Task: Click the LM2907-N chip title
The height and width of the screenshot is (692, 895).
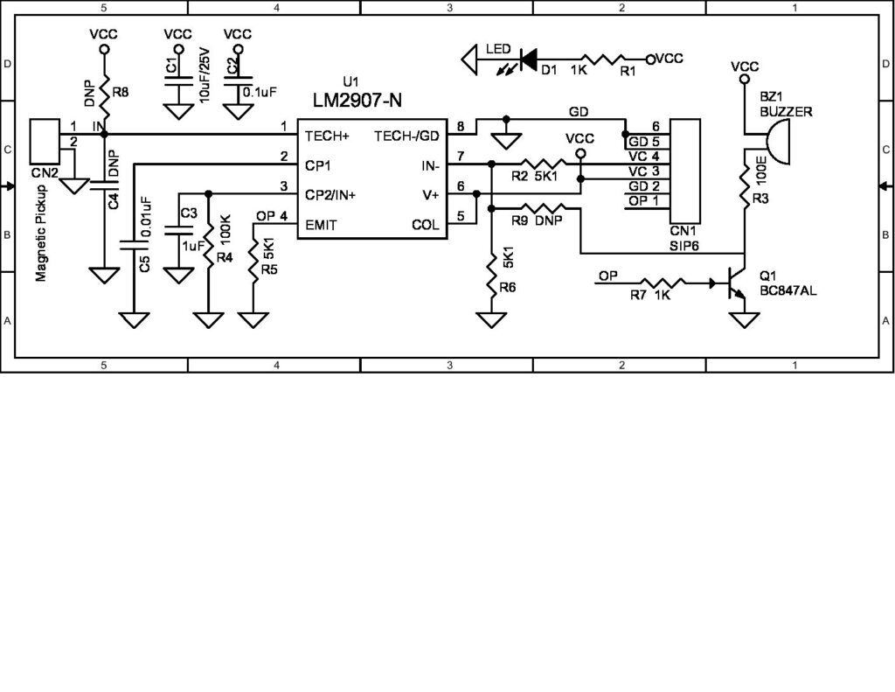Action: click(357, 100)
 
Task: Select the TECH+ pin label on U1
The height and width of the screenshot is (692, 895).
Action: click(327, 136)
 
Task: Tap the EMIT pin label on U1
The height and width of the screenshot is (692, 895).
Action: click(321, 225)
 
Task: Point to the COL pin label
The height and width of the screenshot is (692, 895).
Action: click(426, 225)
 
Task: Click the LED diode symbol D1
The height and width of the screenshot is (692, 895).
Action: click(529, 59)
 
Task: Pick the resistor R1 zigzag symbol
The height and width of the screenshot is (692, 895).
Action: click(604, 59)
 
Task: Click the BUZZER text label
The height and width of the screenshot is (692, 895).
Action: click(786, 111)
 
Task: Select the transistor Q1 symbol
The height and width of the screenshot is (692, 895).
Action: click(734, 283)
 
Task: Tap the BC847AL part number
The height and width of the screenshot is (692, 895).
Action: click(787, 290)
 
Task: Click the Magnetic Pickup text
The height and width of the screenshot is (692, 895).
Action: click(40, 233)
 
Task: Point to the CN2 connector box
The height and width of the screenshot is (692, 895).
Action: click(45, 141)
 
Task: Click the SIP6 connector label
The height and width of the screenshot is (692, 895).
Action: click(683, 247)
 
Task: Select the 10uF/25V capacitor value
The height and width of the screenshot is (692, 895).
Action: click(205, 75)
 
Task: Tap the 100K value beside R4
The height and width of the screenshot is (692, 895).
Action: click(225, 226)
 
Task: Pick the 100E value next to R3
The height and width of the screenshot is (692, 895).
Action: click(760, 169)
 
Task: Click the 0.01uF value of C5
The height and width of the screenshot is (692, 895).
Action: click(146, 217)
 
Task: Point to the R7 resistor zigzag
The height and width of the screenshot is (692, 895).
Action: click(663, 283)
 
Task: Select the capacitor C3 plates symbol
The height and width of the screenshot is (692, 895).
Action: click(178, 230)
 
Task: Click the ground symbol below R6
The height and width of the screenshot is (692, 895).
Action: click(491, 320)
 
